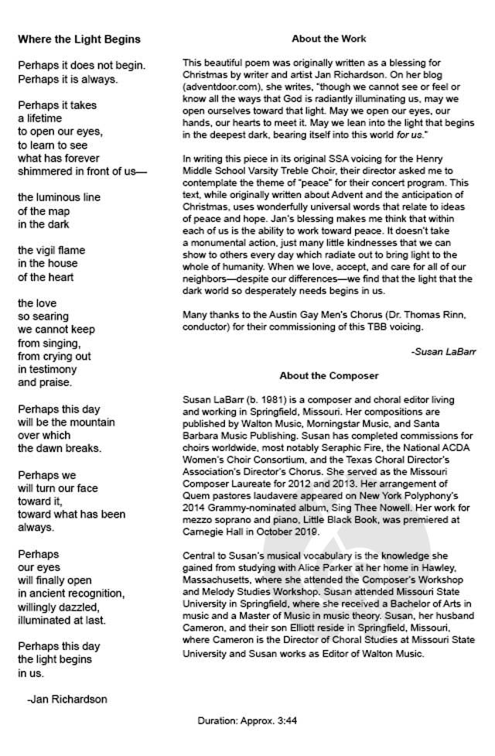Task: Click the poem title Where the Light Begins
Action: coord(79,39)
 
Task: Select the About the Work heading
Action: coord(329,39)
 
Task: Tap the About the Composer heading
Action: coord(329,376)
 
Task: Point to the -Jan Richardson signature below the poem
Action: coord(67,699)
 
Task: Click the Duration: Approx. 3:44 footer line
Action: coord(247,720)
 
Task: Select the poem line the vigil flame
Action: coord(52,250)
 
